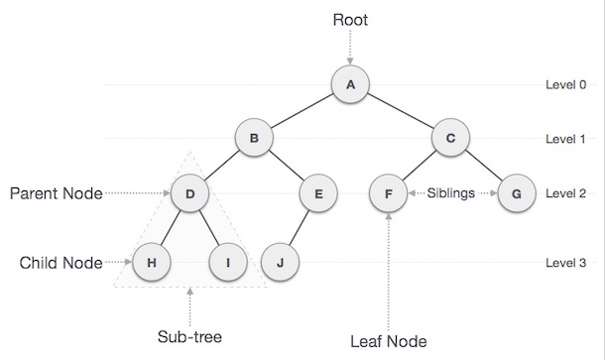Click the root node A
349,85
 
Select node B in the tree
254,139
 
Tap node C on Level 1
450,139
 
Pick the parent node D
189,193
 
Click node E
317,193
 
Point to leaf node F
388,193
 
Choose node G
515,193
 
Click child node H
152,263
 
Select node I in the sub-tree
228,263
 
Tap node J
283,263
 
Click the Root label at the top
350,18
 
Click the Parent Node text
57,193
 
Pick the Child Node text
60,263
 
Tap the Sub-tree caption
189,335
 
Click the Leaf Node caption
388,342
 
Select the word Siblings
451,193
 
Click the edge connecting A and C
400,112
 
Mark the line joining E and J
301,228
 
